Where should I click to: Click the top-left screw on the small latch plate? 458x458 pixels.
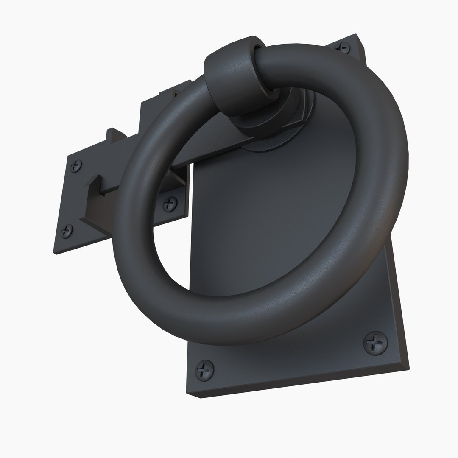[x=77, y=166]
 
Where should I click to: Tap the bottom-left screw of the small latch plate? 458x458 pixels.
[x=67, y=231]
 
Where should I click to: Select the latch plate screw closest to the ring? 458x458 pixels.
[x=170, y=204]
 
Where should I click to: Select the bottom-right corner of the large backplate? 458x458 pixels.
[x=408, y=368]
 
